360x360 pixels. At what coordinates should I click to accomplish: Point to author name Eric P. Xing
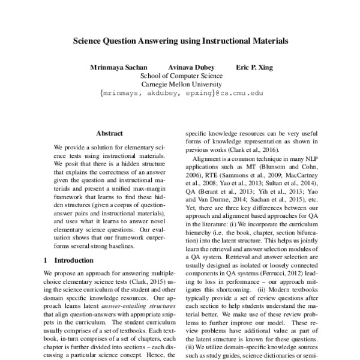[x=254, y=67]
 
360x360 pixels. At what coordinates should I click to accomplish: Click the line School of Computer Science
[x=181, y=76]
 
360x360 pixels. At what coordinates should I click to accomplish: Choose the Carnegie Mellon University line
[x=181, y=85]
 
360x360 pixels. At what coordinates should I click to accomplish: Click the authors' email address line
[x=181, y=94]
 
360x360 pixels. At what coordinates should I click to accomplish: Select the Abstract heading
[x=109, y=133]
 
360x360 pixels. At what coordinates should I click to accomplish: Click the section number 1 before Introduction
[x=47, y=260]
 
